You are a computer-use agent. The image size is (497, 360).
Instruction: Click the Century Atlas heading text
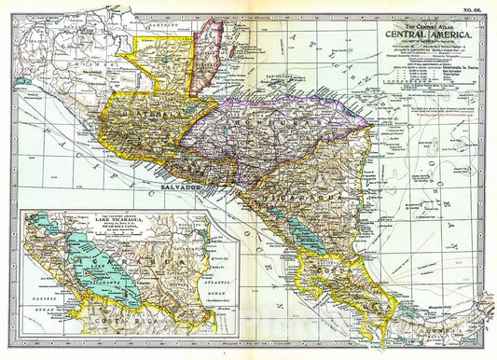coord(424,17)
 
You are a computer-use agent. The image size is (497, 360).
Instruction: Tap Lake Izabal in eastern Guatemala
coord(210,108)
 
